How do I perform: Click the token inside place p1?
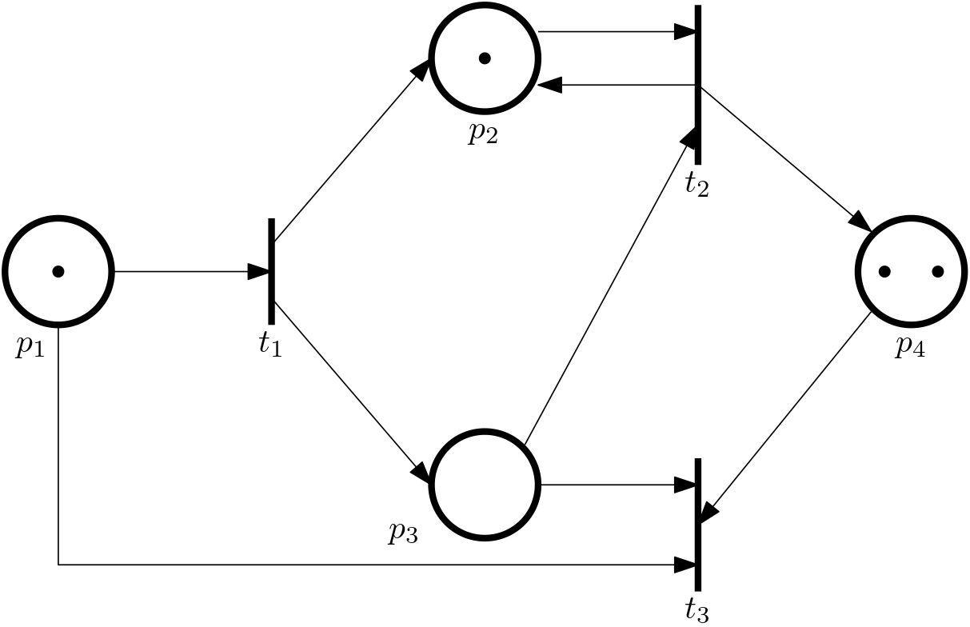[58, 271]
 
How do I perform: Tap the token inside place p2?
[485, 58]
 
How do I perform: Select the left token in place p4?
[884, 271]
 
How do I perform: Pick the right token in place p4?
[938, 271]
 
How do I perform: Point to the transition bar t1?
[272, 271]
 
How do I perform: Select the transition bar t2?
[697, 85]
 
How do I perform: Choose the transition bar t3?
[697, 525]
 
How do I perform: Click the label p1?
[30, 346]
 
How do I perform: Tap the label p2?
[483, 134]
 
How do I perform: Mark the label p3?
[403, 533]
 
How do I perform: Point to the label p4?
[910, 346]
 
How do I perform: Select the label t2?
[697, 186]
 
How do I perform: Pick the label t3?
[697, 610]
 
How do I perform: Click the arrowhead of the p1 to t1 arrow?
[258, 271]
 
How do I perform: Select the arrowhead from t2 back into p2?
[549, 85]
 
